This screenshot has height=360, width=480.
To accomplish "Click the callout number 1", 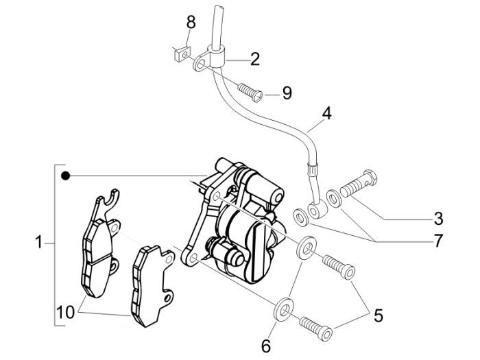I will (x=40, y=241).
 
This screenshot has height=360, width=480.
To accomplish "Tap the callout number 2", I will (x=254, y=59).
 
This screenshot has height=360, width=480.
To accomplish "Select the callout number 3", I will (x=437, y=219).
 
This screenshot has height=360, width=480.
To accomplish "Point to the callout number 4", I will (x=326, y=112).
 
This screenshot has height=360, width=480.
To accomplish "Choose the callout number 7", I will (x=436, y=241).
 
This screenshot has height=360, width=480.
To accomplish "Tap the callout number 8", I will (x=191, y=23).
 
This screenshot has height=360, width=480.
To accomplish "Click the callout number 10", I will (x=66, y=313).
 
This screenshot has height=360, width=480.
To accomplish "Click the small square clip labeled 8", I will (x=180, y=51).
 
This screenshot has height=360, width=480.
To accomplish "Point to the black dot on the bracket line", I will (x=65, y=176).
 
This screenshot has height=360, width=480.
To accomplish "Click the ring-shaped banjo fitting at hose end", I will (x=317, y=208).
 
